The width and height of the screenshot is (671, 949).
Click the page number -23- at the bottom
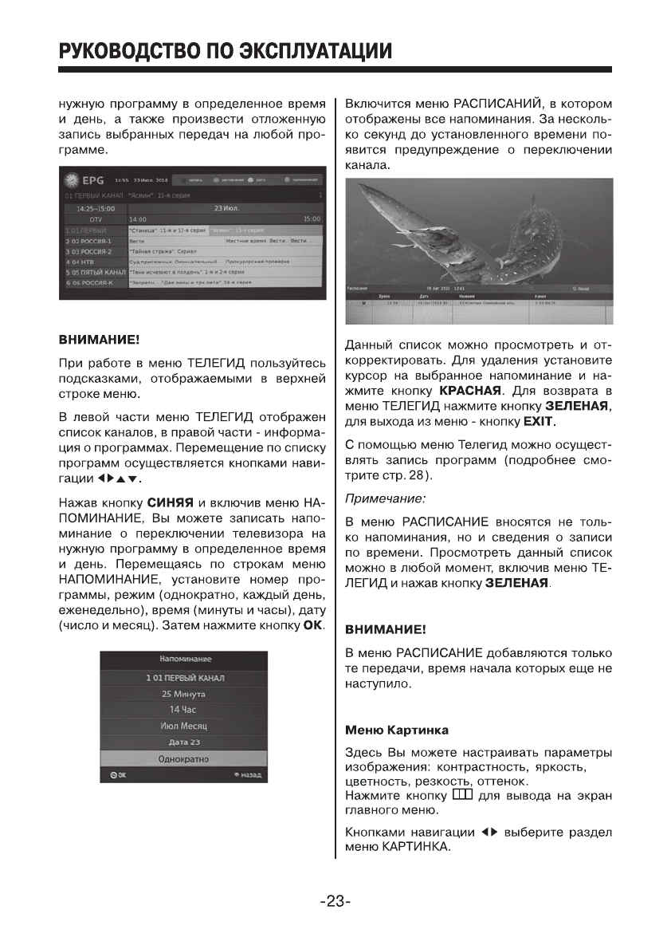click(x=335, y=902)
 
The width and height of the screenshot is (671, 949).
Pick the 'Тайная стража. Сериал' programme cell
click(x=164, y=250)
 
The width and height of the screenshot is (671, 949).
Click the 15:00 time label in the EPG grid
click(x=312, y=219)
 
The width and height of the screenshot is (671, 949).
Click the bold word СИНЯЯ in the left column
click(x=171, y=502)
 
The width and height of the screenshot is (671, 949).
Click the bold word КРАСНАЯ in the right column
click(x=470, y=391)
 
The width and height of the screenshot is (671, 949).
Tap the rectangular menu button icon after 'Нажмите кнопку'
click(x=462, y=793)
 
